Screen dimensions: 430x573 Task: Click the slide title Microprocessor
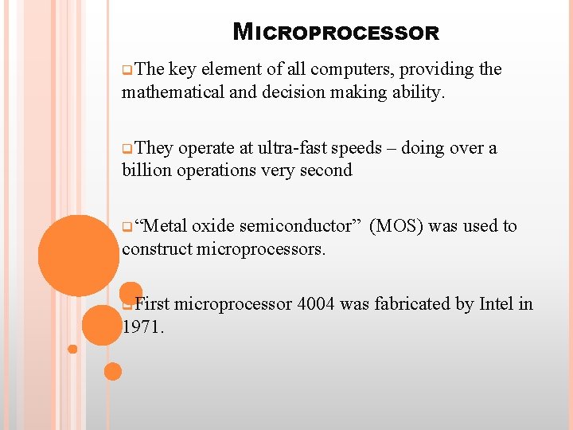[x=336, y=33]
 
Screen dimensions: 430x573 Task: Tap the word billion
[x=146, y=170]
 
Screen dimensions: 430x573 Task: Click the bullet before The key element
[x=127, y=70]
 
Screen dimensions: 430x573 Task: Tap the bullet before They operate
[x=127, y=149]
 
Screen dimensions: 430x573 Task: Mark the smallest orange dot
[x=72, y=349]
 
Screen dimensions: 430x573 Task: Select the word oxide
[x=213, y=226]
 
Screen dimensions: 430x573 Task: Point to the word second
[x=326, y=170]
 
